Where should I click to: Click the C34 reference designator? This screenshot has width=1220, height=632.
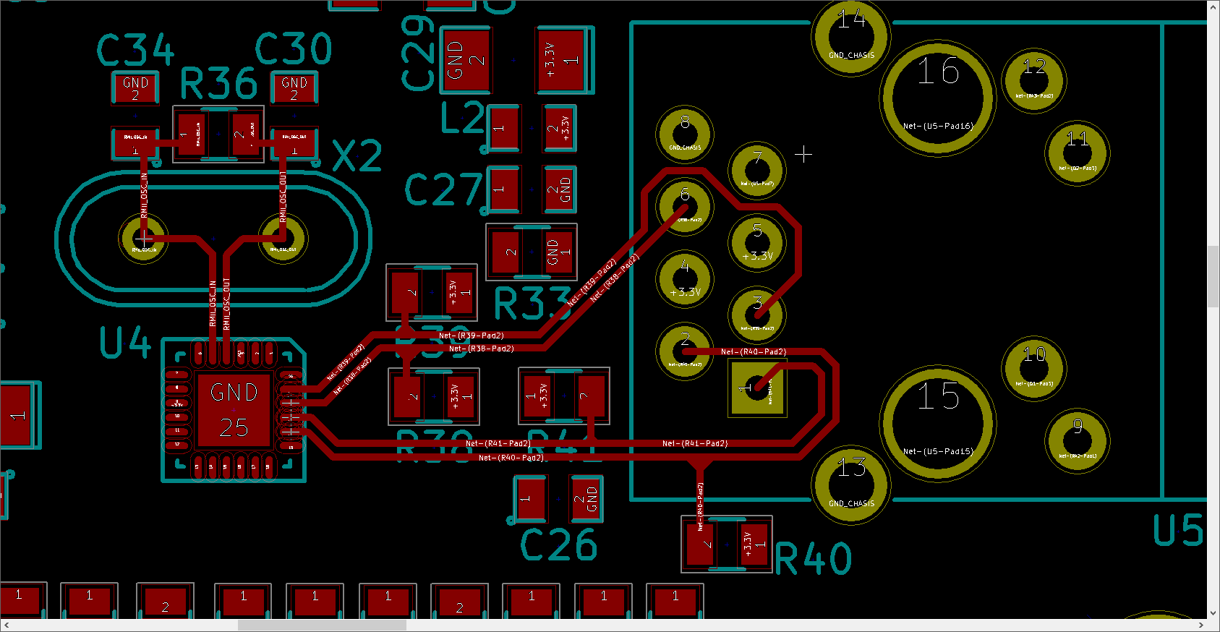135,51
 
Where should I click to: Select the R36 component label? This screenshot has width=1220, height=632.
218,84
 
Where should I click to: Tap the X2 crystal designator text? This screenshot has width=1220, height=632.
357,156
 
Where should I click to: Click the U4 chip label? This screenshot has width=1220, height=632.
125,343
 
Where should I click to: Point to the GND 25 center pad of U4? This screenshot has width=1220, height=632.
234,410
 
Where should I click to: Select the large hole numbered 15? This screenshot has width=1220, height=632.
938,423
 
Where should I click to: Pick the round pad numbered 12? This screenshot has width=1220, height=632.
1033,80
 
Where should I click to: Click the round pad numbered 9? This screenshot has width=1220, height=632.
1077,440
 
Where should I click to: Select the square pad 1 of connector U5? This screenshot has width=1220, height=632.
756,388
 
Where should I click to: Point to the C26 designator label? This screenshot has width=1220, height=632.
558,545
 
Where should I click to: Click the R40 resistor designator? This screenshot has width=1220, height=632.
813,559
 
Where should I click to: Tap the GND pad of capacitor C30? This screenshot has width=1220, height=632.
294,88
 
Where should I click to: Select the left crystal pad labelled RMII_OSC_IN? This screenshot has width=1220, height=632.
143,238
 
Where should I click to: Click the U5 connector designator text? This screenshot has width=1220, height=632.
1177,531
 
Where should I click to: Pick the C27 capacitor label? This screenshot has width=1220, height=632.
443,189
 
